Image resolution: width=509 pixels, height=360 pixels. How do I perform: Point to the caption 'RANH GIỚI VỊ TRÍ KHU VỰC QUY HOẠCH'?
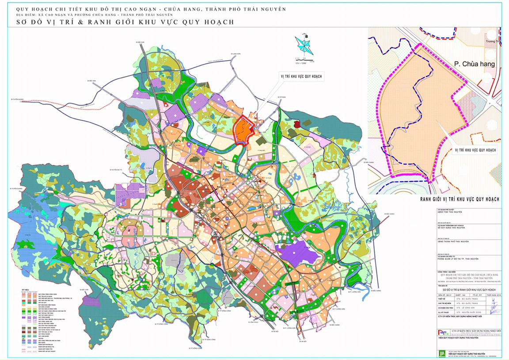click(x=460, y=199)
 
